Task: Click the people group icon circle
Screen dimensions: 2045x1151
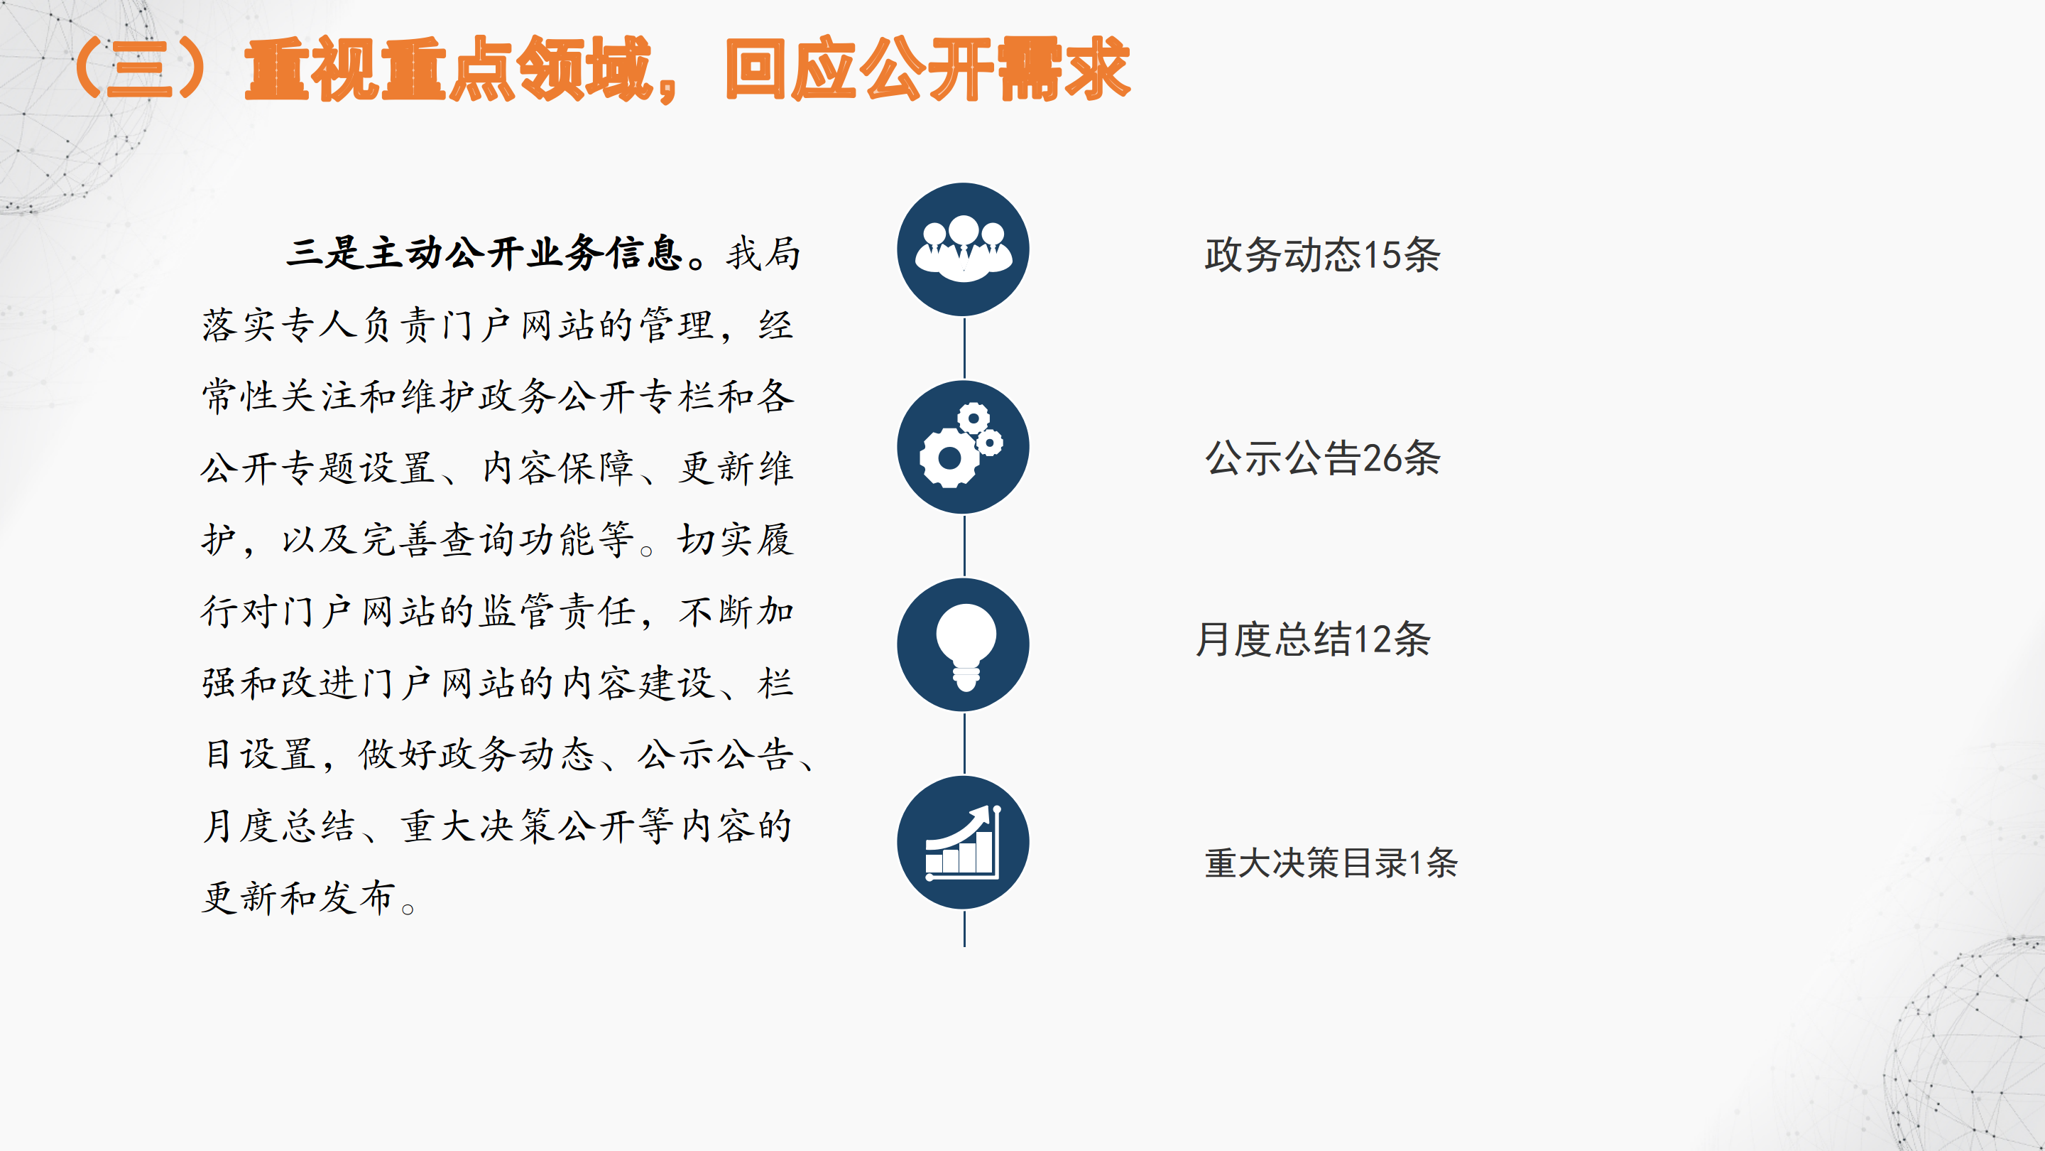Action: point(963,249)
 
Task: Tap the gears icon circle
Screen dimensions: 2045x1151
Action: point(963,447)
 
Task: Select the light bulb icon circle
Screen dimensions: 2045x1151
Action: point(963,645)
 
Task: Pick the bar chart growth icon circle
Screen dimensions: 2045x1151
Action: point(963,843)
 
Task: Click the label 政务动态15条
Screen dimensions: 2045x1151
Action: point(1321,255)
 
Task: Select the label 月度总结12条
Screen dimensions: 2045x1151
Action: point(1313,639)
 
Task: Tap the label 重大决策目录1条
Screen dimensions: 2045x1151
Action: point(1331,863)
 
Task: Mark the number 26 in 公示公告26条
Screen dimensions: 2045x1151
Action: point(1382,459)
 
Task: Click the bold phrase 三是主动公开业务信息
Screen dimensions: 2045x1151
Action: point(485,254)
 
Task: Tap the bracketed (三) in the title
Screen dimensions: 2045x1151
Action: point(140,69)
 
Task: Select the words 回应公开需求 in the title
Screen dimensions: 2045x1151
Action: point(928,69)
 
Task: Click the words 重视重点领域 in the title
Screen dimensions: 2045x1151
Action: point(449,69)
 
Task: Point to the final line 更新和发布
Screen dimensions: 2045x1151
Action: point(298,897)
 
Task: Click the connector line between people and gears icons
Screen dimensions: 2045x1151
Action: point(964,349)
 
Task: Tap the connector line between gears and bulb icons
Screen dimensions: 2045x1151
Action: point(964,546)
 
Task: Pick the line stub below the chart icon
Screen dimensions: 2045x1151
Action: point(964,929)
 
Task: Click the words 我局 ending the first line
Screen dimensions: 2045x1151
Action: point(763,254)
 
